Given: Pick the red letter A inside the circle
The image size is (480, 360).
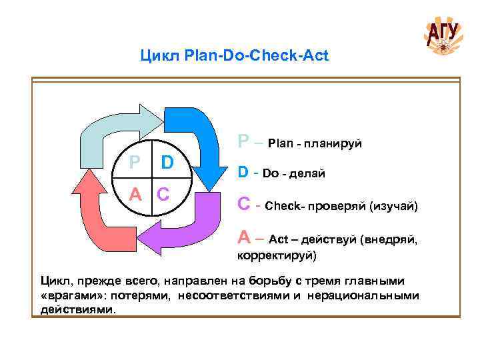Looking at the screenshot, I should (x=135, y=195).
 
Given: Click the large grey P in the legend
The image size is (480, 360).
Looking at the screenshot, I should (x=244, y=142).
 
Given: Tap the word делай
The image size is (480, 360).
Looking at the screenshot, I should (x=309, y=174).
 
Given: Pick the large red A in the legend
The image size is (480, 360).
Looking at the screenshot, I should (x=244, y=238).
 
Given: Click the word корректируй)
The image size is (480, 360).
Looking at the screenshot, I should (x=277, y=255).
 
